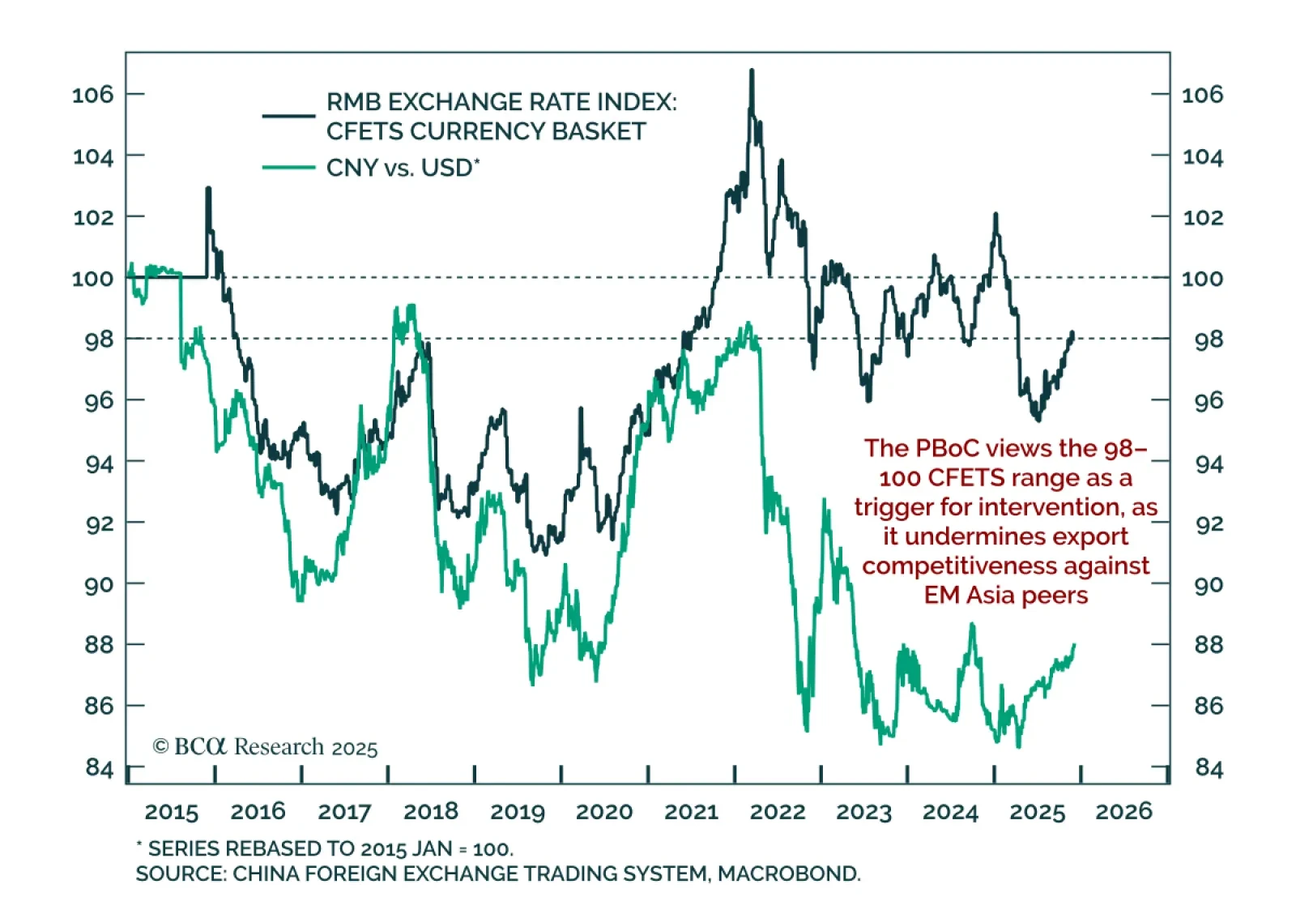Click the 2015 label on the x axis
171,811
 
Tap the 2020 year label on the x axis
604,811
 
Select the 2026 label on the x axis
1123,811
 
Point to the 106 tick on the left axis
93,95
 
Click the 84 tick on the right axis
1209,767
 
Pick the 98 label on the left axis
99,340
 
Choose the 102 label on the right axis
1203,217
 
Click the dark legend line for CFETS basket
288,116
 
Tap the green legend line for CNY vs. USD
288,168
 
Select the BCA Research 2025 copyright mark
265,746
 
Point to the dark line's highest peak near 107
752,71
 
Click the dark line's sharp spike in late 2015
208,189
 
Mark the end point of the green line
1075,645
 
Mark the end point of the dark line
1072,332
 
